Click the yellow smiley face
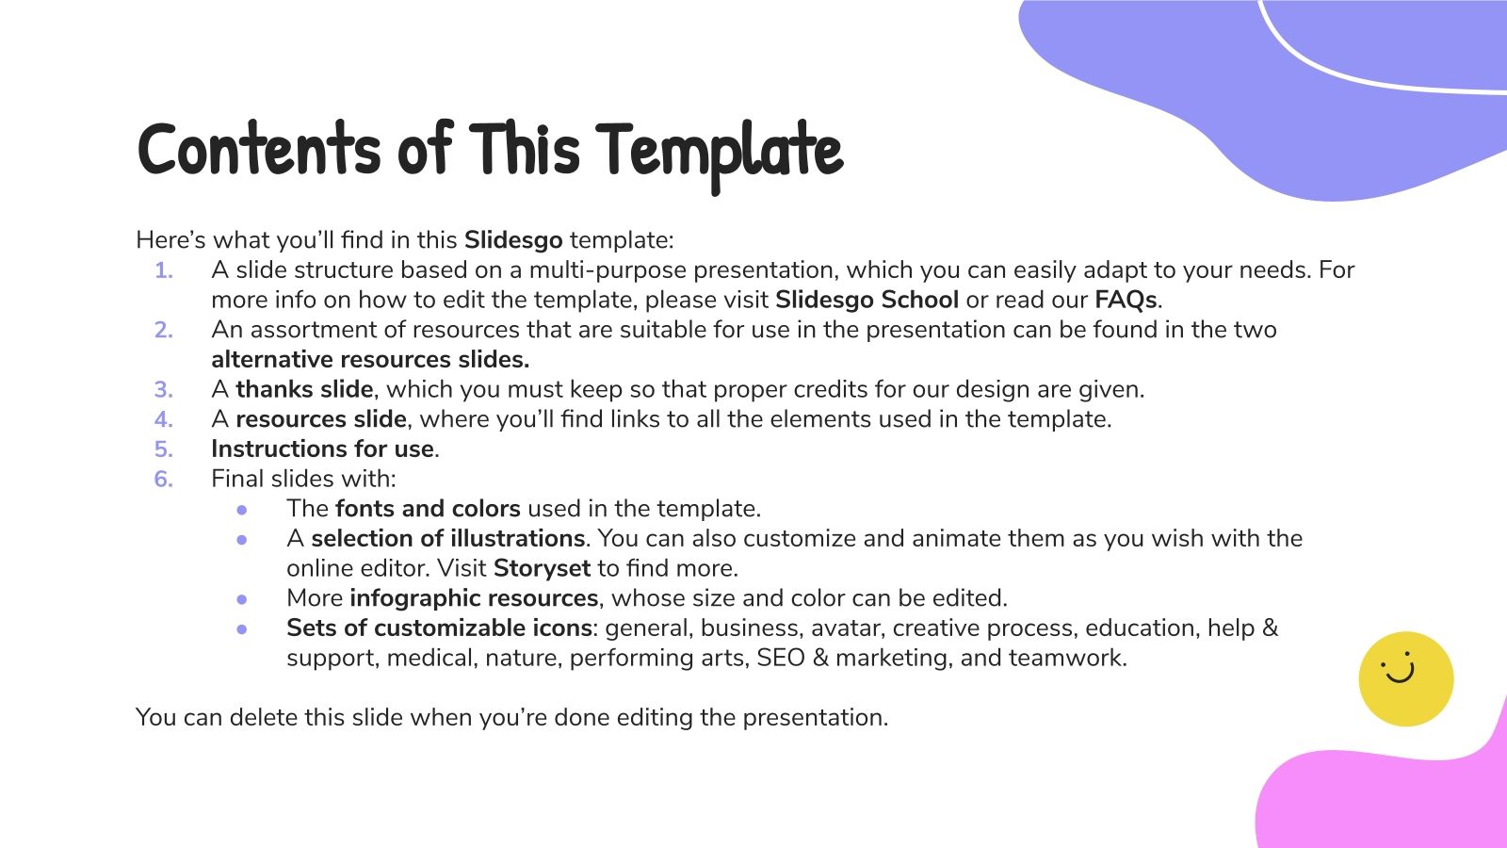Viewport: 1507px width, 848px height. tap(1405, 678)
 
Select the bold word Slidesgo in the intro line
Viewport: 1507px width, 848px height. tap(513, 239)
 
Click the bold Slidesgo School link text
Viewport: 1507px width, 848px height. tap(867, 300)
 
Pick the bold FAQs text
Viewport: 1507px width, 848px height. tap(1126, 300)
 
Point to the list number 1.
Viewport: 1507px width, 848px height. tap(164, 270)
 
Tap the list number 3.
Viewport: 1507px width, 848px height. tap(164, 390)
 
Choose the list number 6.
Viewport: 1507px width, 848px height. tap(164, 480)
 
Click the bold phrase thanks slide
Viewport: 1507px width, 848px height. tap(304, 389)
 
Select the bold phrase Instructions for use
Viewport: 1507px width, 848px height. tap(322, 449)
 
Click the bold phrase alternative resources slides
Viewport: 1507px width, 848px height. tap(370, 360)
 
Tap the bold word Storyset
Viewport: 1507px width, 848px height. tap(542, 568)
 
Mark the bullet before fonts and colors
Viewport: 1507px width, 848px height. tap(243, 510)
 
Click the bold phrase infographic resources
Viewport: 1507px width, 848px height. tap(474, 598)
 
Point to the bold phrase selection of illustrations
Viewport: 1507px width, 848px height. tap(448, 539)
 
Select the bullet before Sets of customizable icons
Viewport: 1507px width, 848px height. tap(243, 628)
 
